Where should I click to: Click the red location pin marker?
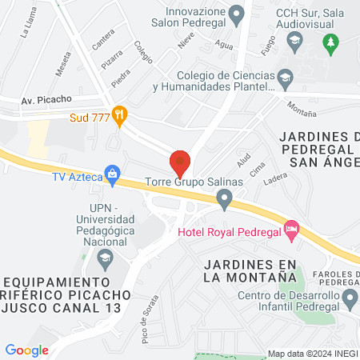(180, 163)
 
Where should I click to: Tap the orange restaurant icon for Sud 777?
(120, 115)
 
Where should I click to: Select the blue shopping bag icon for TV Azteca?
(113, 173)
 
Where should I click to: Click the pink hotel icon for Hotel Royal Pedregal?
(291, 231)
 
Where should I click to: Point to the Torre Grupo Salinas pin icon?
(225, 200)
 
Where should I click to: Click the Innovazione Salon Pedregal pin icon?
(236, 13)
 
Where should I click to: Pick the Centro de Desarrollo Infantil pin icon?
(350, 300)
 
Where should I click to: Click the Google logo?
(26, 350)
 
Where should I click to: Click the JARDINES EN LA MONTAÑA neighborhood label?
(250, 270)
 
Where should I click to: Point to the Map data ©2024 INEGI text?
(310, 354)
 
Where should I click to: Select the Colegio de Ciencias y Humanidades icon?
(286, 78)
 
